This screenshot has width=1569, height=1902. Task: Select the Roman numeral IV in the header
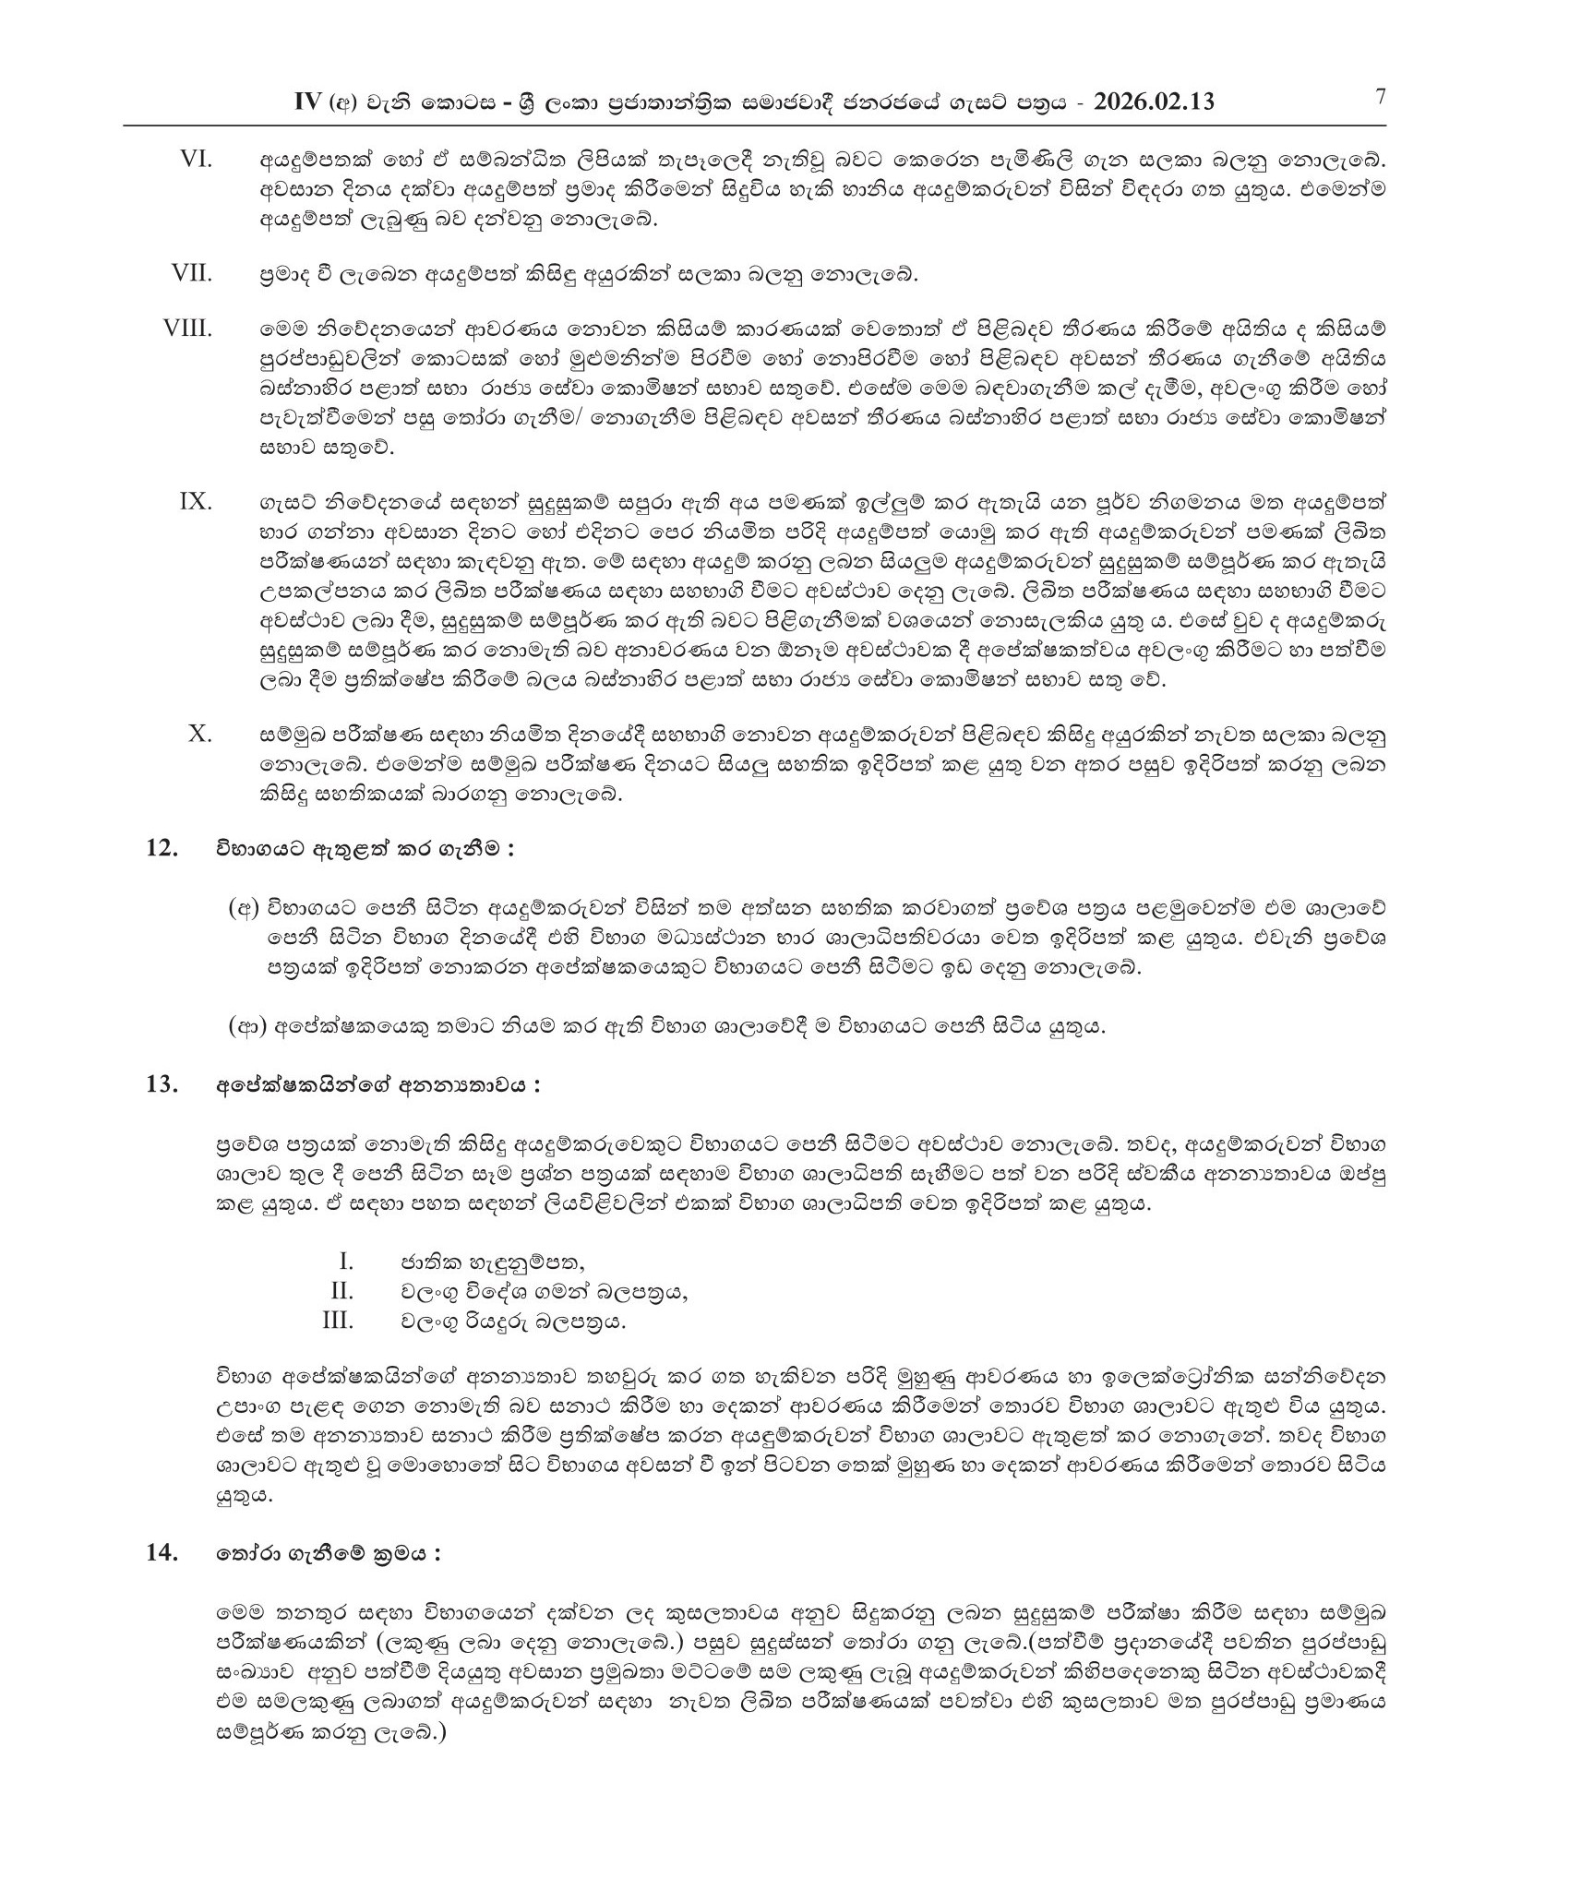coord(305,102)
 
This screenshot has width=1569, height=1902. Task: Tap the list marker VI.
coord(196,160)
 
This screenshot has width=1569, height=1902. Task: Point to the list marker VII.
coord(191,273)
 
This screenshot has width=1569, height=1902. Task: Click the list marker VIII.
coord(187,329)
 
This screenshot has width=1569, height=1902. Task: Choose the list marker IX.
coord(195,502)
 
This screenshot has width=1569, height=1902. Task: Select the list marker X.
coord(199,734)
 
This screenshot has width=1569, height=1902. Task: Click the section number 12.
coord(162,848)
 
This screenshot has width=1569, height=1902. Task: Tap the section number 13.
coord(162,1084)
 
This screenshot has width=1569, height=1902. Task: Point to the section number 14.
coord(162,1553)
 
